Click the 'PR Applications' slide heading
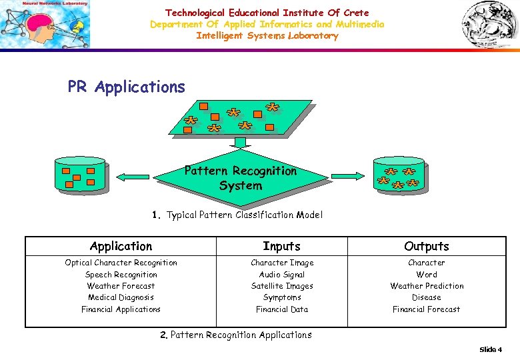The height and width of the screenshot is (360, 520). click(126, 87)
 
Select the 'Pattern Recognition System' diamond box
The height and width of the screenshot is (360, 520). click(241, 178)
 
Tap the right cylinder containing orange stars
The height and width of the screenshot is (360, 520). click(399, 175)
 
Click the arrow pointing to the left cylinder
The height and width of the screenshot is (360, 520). click(133, 176)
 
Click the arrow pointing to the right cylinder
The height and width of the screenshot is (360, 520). click(349, 176)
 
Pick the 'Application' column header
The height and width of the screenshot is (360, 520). click(121, 246)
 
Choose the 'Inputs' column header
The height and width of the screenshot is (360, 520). click(281, 246)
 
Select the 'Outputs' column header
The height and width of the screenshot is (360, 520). click(426, 246)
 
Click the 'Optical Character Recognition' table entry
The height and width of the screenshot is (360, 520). click(121, 263)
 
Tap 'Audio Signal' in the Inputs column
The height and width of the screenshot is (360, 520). click(281, 275)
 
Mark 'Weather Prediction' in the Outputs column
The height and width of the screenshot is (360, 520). click(426, 286)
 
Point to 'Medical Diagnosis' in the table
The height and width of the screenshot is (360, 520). click(121, 297)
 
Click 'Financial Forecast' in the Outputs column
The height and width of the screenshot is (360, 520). click(426, 309)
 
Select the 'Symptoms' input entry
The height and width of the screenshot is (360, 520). click(281, 297)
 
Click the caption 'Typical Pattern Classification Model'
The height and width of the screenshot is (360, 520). click(244, 215)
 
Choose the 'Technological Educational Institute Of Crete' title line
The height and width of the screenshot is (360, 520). click(267, 13)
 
